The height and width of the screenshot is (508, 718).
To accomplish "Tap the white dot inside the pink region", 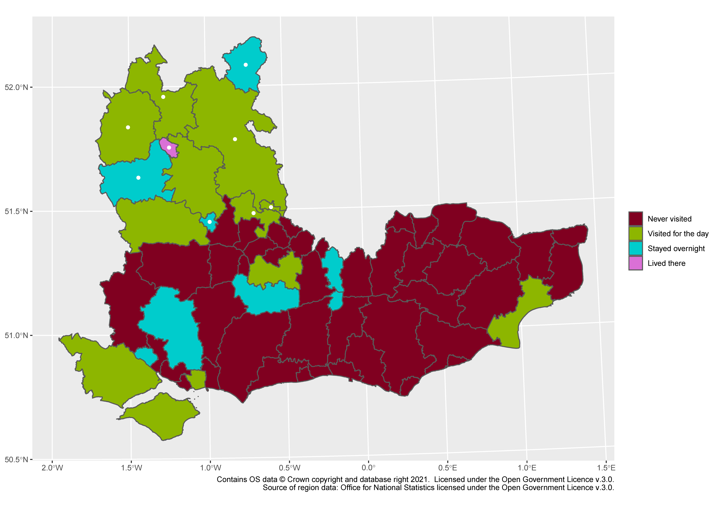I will point(169,147).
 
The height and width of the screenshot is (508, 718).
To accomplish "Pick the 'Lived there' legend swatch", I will point(635,263).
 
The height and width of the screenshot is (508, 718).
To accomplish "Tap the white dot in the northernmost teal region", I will point(245,65).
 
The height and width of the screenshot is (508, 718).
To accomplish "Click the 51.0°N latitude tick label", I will point(16,335).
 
